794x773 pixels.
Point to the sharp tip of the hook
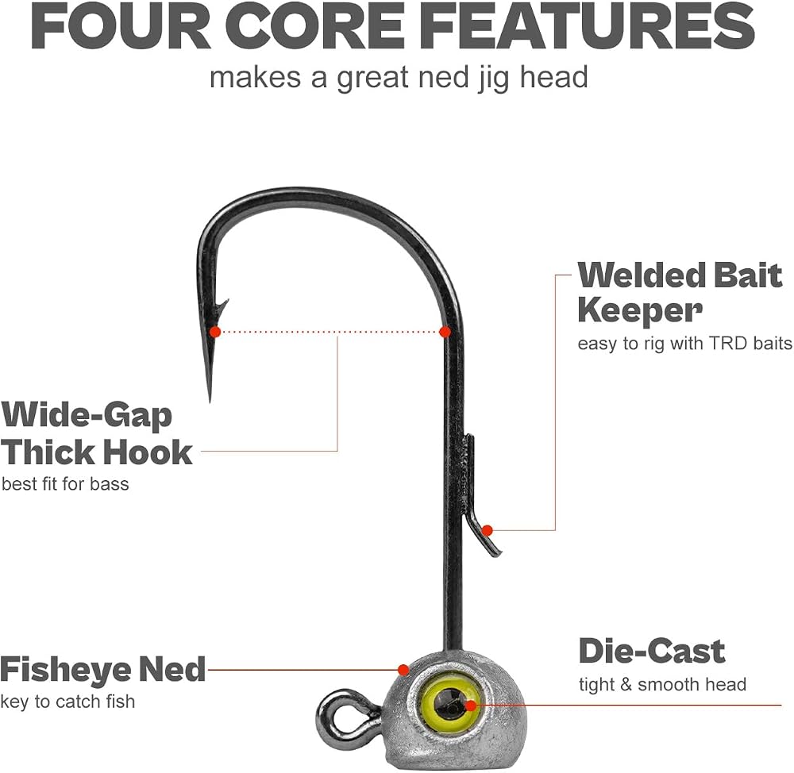(210, 401)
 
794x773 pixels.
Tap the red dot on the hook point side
(215, 332)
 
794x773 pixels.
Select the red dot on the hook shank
(445, 332)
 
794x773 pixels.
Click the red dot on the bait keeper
(488, 530)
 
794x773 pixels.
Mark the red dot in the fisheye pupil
(471, 706)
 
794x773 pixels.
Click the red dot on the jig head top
(403, 671)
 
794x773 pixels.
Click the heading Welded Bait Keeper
(680, 293)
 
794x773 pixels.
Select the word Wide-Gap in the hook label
(87, 416)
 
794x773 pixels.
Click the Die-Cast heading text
(652, 651)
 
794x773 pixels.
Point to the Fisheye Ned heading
(102, 669)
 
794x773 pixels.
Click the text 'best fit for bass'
(65, 484)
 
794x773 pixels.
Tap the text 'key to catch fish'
(67, 702)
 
